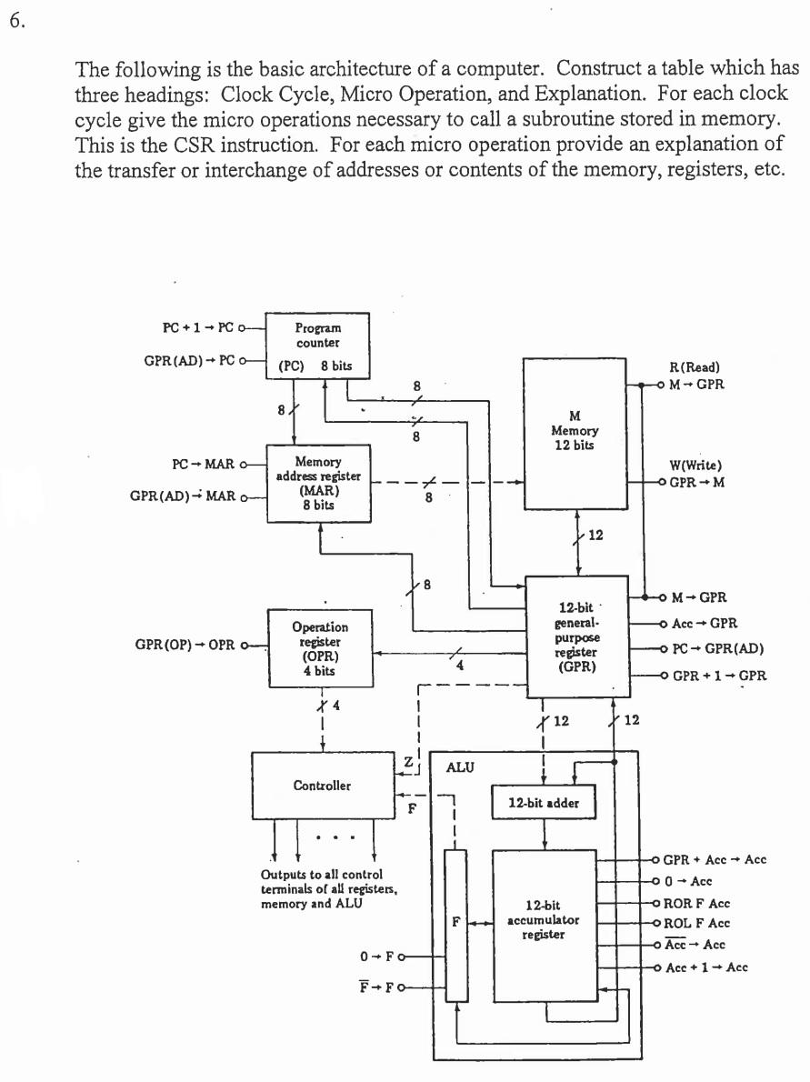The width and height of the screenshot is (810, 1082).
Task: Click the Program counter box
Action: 317,346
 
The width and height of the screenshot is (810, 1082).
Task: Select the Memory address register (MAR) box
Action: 317,483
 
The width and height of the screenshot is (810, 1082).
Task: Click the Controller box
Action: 322,786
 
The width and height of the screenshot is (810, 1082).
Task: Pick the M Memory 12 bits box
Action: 574,433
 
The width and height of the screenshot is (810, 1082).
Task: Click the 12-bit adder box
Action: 543,803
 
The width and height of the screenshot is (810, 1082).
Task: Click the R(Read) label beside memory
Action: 694,367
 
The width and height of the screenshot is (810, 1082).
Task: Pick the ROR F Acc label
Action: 696,904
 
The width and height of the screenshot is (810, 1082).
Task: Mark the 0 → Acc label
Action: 688,881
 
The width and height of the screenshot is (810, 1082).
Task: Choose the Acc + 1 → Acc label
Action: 706,967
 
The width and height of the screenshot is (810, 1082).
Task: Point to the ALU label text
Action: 460,767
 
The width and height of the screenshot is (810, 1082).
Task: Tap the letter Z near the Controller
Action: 407,759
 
